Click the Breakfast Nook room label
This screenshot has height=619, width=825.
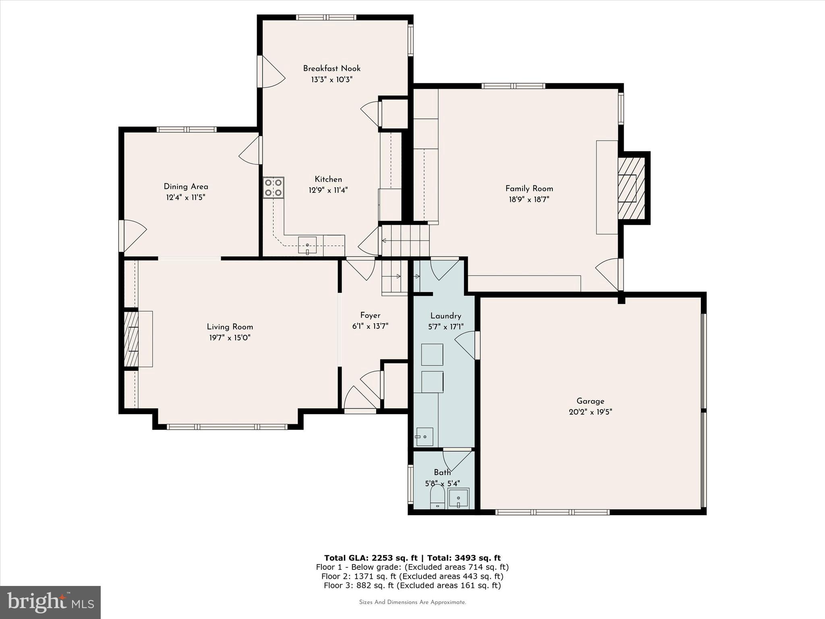pos(332,69)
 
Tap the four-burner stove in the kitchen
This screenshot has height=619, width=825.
pos(274,188)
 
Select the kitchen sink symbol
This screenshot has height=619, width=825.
pos(307,245)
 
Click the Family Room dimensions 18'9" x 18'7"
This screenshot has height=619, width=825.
pos(529,199)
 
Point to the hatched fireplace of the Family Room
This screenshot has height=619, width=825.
pos(632,188)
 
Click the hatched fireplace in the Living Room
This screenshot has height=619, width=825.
pos(131,339)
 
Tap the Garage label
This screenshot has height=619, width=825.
pos(590,401)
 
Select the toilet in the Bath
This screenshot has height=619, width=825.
pos(437,498)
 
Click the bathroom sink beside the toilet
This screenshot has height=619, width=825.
pos(458,499)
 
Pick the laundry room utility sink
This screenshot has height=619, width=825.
pos(425,437)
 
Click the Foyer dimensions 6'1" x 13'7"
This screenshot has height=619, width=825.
pos(370,326)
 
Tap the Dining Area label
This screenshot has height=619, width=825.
pos(186,187)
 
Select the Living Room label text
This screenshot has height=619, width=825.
pos(230,327)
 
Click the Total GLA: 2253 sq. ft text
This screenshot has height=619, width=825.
pos(371,558)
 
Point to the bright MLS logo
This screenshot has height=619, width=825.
pos(50,602)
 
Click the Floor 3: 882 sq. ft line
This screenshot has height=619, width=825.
pos(412,586)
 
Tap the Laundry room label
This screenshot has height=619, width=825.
pos(446,316)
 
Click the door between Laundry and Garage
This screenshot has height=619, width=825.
pos(467,345)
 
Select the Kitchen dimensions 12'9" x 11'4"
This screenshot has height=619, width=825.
pos(328,190)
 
